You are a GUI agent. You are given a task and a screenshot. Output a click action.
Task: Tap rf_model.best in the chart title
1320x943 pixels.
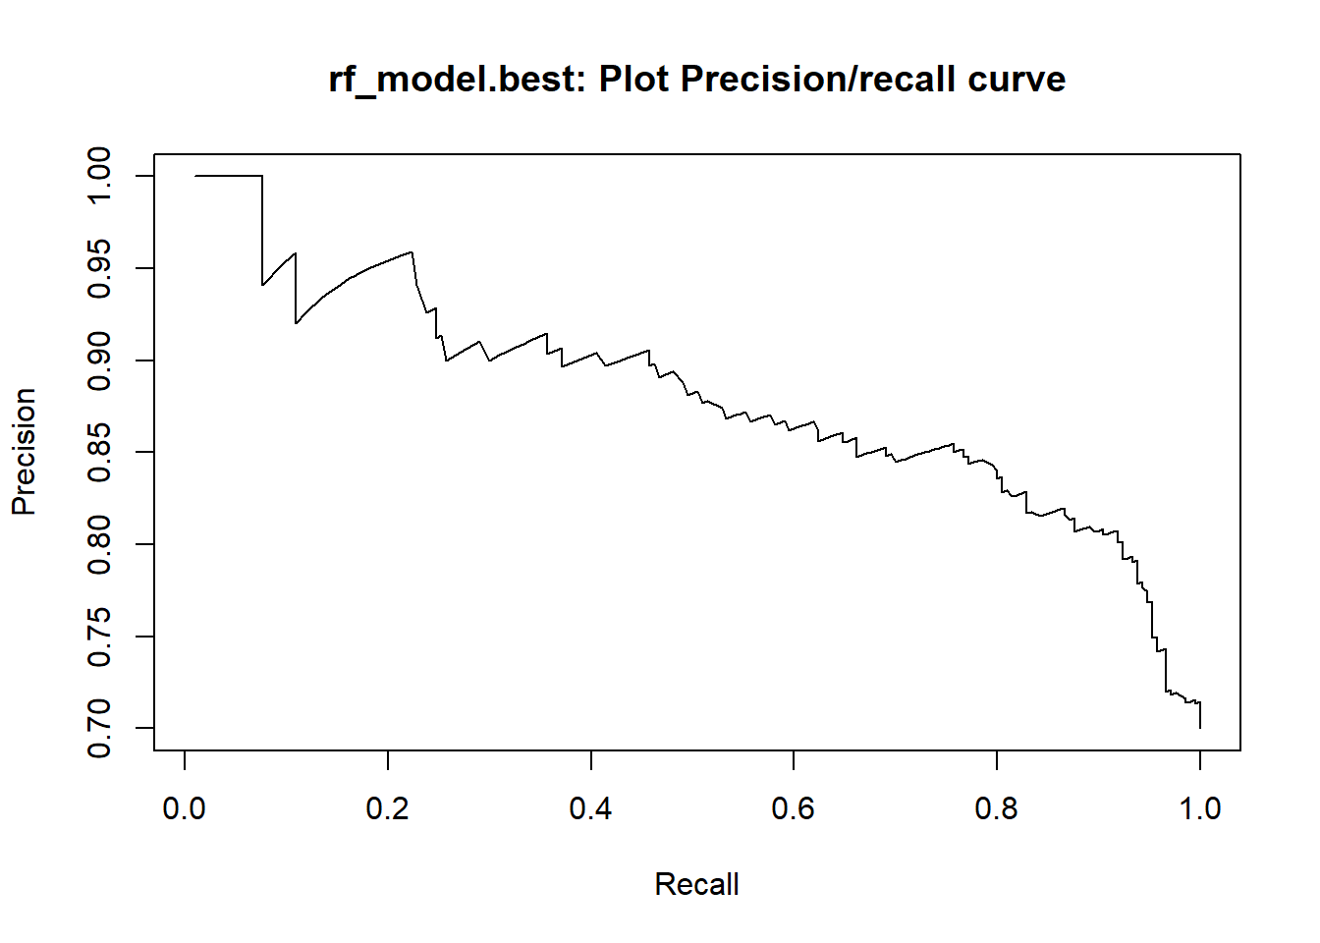click(x=456, y=80)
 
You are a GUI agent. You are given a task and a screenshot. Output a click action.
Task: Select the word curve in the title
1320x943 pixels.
click(x=1016, y=80)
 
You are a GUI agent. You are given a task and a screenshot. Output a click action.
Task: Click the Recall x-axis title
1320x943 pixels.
click(x=696, y=884)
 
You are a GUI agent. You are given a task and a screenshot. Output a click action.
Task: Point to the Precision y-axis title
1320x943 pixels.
click(x=24, y=452)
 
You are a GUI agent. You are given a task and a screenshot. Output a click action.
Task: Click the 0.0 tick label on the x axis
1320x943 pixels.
click(x=185, y=808)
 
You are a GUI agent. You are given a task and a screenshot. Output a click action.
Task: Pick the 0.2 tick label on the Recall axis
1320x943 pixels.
click(x=388, y=808)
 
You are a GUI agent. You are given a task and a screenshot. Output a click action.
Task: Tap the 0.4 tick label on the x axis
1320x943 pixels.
click(x=590, y=808)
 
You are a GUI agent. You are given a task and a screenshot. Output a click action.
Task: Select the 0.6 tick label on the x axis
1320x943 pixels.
click(x=794, y=808)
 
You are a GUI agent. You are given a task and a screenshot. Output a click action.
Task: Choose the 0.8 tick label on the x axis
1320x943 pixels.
click(x=997, y=808)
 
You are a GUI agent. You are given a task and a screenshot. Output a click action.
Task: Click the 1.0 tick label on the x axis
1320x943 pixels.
click(x=1199, y=808)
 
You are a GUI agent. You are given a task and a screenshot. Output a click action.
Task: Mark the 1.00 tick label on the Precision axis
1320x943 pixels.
click(x=99, y=176)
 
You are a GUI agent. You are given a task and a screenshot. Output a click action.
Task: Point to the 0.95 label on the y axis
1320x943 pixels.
click(x=99, y=268)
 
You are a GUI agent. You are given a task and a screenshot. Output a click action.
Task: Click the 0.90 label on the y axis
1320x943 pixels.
click(x=99, y=361)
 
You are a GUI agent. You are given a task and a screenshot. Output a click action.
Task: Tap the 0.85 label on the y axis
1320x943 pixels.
click(x=99, y=452)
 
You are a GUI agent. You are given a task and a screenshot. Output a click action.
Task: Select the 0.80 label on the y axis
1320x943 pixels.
click(x=99, y=544)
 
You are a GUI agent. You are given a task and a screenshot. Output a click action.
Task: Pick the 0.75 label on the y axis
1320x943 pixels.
click(x=99, y=637)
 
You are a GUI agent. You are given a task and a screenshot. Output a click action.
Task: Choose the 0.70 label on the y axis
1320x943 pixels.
click(x=99, y=728)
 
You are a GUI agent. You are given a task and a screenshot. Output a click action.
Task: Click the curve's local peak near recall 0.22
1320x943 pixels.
click(x=412, y=252)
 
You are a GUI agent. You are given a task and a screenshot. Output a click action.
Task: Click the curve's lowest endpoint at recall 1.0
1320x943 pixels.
click(x=1200, y=727)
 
